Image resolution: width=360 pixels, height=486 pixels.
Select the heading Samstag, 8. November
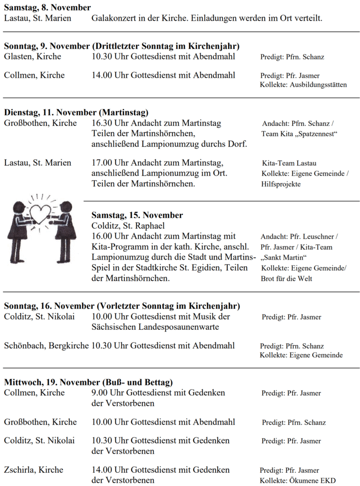(47, 8)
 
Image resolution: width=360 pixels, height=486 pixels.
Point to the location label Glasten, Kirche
(32, 56)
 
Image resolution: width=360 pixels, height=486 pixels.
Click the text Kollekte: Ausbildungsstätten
(303, 84)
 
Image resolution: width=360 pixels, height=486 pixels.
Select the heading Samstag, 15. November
(137, 215)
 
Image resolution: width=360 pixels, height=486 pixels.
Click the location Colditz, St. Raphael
(128, 225)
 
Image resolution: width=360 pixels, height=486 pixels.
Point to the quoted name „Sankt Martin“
(285, 257)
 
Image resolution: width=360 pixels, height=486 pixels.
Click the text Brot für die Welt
(286, 279)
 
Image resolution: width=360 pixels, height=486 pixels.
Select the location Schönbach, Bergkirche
(46, 346)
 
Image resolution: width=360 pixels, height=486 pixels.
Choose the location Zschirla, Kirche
(34, 469)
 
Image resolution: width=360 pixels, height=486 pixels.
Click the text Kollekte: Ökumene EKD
(297, 480)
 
